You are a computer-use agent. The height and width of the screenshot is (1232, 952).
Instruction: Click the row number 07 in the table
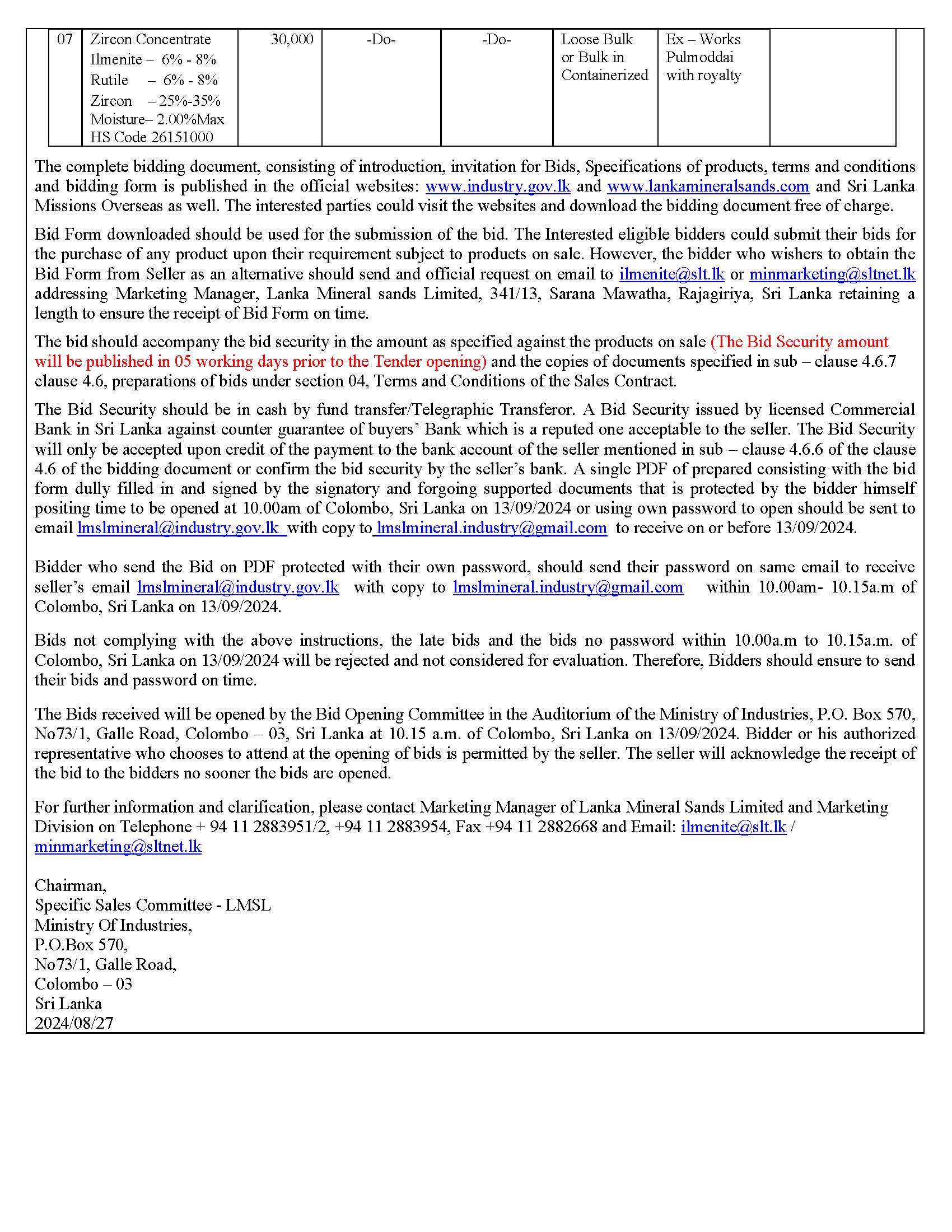[x=65, y=40]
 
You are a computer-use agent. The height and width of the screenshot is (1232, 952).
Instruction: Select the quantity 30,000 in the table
[x=292, y=40]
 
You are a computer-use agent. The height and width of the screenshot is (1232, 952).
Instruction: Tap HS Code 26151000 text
[x=152, y=137]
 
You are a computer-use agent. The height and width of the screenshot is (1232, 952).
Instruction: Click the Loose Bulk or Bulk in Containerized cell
[x=605, y=57]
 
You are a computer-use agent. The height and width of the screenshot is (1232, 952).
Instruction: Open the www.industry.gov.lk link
[x=498, y=186]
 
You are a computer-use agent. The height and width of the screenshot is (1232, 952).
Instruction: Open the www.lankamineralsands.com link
[x=708, y=186]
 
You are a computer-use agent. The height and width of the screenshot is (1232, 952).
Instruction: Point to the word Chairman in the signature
[x=71, y=886]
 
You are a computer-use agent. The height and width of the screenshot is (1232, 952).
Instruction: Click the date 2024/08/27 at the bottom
[x=74, y=1023]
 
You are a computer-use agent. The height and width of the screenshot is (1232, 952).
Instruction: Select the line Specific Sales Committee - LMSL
[x=153, y=906]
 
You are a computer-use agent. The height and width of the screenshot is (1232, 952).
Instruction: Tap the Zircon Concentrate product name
[x=151, y=40]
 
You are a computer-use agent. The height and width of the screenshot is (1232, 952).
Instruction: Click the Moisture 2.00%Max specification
[x=157, y=120]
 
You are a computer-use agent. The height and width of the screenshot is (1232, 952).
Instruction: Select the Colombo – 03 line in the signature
[x=83, y=984]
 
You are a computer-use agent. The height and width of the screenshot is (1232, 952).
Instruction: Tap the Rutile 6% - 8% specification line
[x=154, y=80]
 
